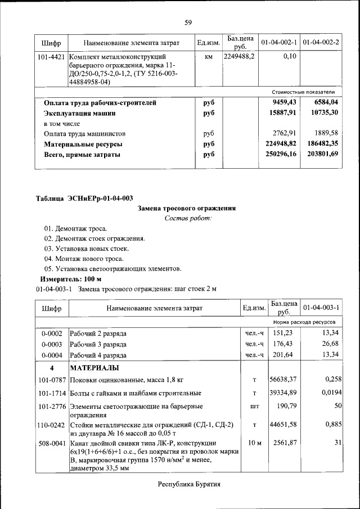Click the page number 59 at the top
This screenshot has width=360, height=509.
188,22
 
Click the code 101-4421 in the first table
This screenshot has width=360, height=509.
51,57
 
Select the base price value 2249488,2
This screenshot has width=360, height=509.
239,57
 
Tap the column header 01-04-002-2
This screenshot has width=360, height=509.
321,43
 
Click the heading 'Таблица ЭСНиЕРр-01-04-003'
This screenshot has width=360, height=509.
84,198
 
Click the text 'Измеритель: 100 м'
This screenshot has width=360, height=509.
71,279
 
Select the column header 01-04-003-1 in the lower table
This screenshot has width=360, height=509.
321,308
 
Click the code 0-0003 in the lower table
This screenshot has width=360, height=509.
52,344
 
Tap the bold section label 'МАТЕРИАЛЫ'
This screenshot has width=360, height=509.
94,368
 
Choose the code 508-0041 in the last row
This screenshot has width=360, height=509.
52,443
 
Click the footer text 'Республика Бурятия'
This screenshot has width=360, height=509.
188,484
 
